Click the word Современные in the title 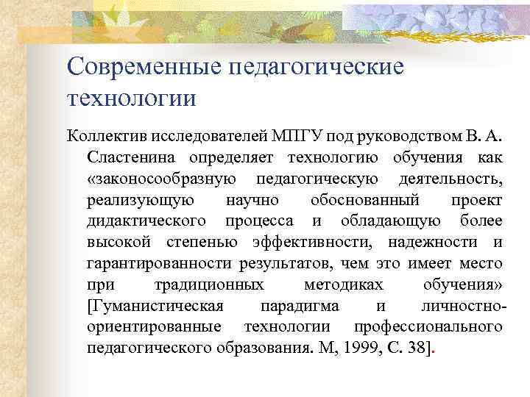144,67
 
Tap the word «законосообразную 161,179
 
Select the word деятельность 449,179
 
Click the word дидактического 145,221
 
